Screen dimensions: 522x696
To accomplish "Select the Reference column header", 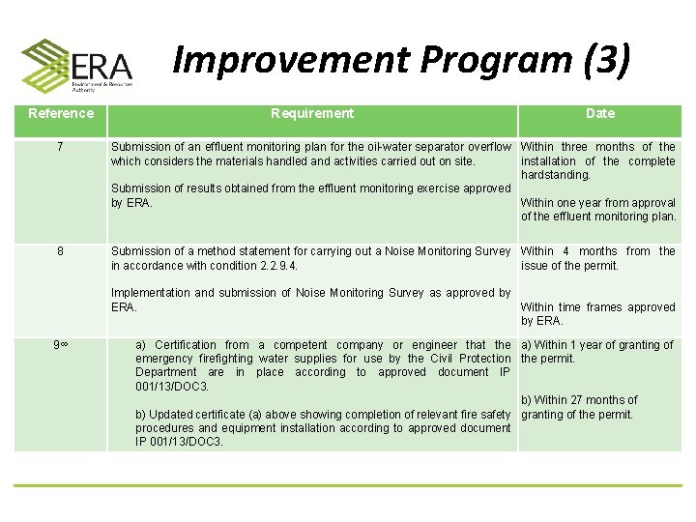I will (x=61, y=114).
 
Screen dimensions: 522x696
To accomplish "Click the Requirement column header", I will (x=312, y=114).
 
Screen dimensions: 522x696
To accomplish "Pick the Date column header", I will (x=599, y=114).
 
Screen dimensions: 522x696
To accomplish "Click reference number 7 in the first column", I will (x=61, y=147).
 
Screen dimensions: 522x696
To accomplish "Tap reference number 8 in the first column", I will (x=61, y=251).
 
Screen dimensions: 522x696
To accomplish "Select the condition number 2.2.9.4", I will (x=273, y=266).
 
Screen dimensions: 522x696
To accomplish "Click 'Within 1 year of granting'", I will (x=596, y=345).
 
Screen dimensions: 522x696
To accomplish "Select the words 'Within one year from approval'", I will (x=598, y=203).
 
